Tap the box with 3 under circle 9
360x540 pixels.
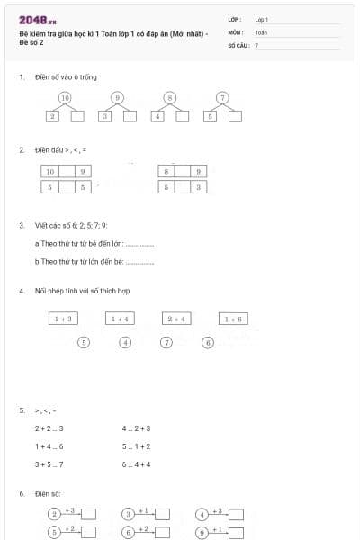pyautogui.click(x=105, y=116)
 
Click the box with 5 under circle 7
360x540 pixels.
pyautogui.click(x=211, y=116)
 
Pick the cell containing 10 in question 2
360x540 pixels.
pyautogui.click(x=50, y=171)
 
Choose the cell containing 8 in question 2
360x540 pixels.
pyautogui.click(x=166, y=171)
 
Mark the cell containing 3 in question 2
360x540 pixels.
pyautogui.click(x=199, y=187)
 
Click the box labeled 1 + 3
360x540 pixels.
pyautogui.click(x=64, y=319)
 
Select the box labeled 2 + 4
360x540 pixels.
pyautogui.click(x=176, y=319)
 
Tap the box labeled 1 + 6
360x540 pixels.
pyautogui.click(x=233, y=319)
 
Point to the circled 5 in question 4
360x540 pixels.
pyautogui.click(x=84, y=342)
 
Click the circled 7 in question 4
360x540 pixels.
pyautogui.click(x=166, y=342)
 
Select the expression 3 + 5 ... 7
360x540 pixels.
pyautogui.click(x=49, y=464)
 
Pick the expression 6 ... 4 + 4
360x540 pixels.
pyautogui.click(x=136, y=464)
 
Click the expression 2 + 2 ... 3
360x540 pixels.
pyautogui.click(x=49, y=428)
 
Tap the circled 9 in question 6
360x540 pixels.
pyautogui.click(x=202, y=532)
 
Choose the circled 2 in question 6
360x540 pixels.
pyautogui.click(x=54, y=514)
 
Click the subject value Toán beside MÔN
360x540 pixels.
pyautogui.click(x=261, y=31)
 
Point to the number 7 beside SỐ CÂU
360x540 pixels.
pyautogui.click(x=256, y=45)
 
